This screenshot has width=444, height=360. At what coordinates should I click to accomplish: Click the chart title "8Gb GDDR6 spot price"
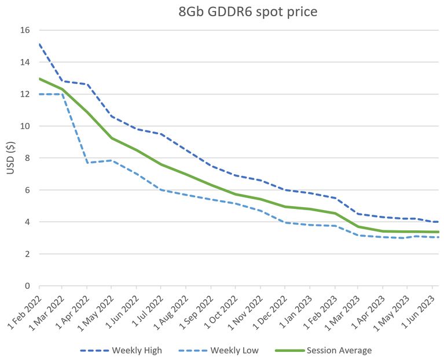click(247, 12)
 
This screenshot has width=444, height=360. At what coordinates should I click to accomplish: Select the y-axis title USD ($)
click(10, 157)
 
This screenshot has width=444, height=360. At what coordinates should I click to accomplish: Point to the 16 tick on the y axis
click(24, 30)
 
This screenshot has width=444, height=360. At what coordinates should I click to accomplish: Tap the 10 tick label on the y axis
click(24, 126)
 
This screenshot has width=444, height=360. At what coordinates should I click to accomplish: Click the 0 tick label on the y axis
click(27, 286)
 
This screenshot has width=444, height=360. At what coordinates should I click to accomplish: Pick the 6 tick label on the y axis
click(27, 190)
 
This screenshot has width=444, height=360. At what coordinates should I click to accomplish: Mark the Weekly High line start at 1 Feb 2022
click(39, 44)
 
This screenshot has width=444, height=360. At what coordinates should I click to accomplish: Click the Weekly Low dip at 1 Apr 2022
click(87, 163)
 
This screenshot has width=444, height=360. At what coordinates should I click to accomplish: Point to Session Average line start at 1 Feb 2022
click(39, 79)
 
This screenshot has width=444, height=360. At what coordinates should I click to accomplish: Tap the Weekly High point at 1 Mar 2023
click(358, 214)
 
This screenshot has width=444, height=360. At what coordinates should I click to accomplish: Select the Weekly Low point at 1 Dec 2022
click(285, 222)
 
